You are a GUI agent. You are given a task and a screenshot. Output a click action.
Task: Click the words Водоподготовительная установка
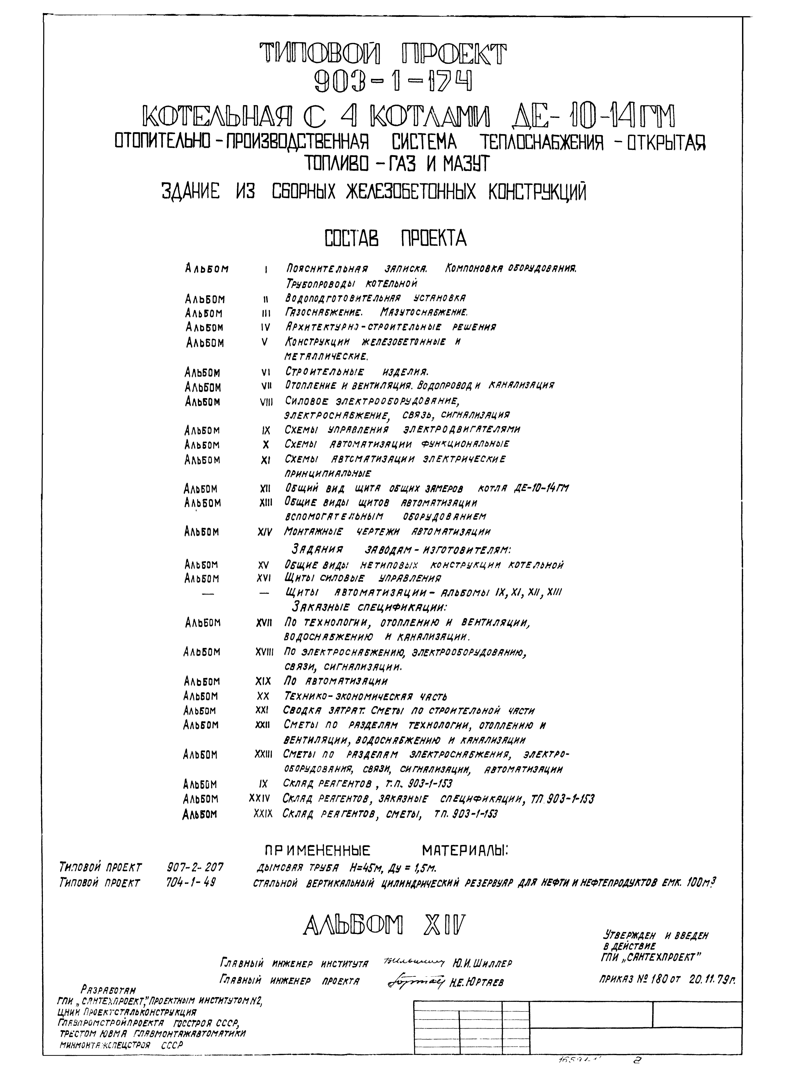[x=375, y=298]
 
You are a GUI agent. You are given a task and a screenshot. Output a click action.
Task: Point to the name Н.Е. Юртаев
[x=477, y=982]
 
